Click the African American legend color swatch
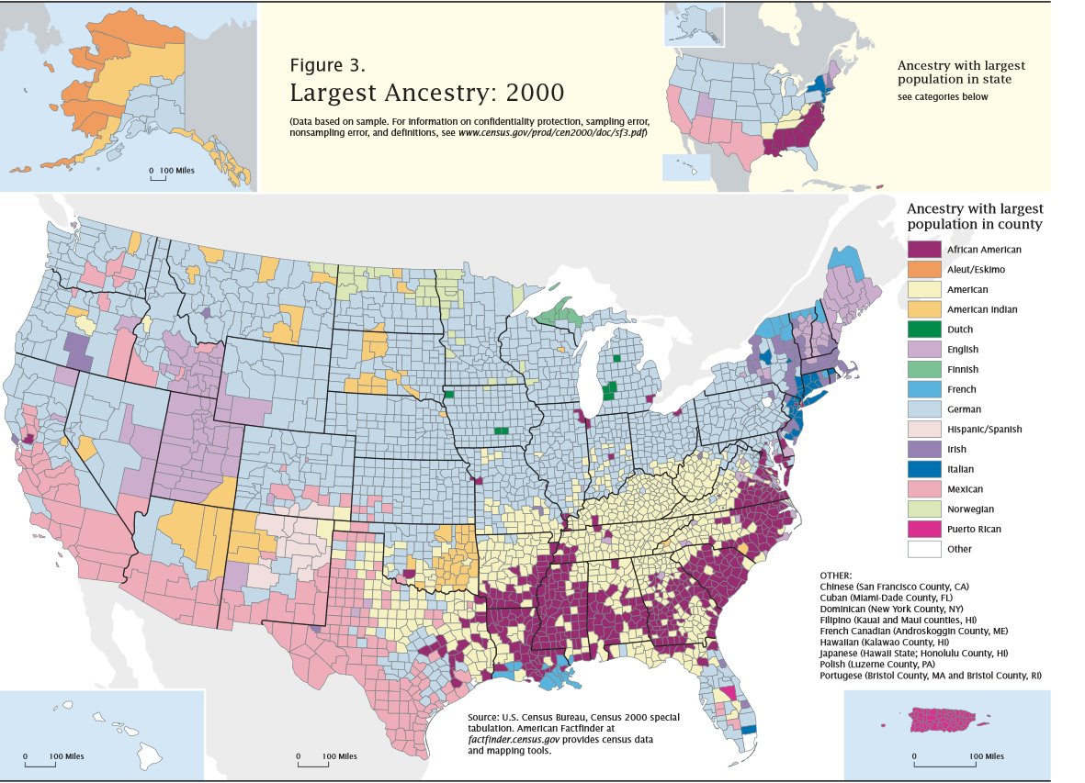pos(923,250)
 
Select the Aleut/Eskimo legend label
pos(976,270)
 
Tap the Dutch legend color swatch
pos(923,330)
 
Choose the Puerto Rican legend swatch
pos(923,529)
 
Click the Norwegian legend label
pos(970,509)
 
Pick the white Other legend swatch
pos(923,549)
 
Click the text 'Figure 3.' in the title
pos(327,65)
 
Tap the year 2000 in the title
pos(533,93)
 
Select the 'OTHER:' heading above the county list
pos(835,575)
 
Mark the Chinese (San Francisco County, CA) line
pos(908,586)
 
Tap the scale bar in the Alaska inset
pos(166,174)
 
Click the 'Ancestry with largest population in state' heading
pos(960,73)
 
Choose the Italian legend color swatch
pos(923,469)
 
